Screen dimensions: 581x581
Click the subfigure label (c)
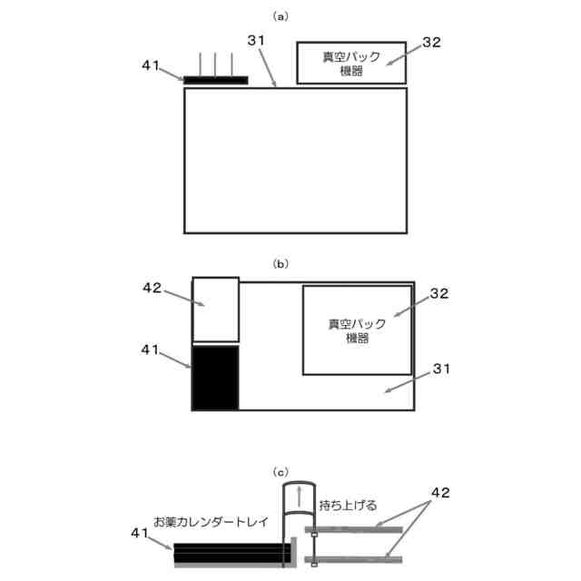coord(281,472)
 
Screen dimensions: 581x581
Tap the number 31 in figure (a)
coord(258,41)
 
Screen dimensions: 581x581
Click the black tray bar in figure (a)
coord(215,80)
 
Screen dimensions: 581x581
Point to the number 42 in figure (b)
coord(153,288)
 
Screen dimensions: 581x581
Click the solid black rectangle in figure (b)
coord(215,377)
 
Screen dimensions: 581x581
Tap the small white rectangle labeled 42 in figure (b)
coord(215,310)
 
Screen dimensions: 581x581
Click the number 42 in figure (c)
coord(439,493)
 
